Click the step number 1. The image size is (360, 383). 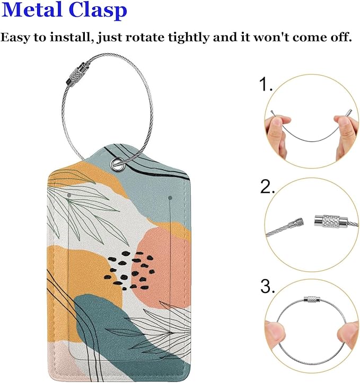pos(266,85)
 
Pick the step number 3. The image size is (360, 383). pos(267,286)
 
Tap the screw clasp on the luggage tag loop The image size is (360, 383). pos(76,74)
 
